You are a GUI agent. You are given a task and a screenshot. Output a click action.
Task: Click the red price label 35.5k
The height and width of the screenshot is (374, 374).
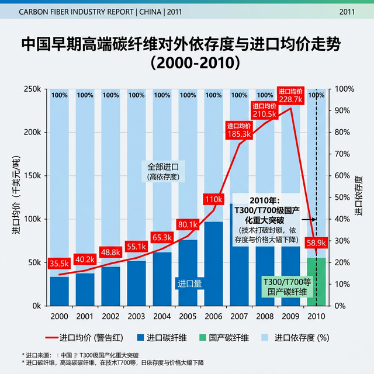tap(59, 263)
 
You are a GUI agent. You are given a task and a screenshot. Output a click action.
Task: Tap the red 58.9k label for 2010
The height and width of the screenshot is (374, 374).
tap(316, 243)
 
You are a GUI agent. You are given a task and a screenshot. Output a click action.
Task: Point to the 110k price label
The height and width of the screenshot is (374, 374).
tap(213, 200)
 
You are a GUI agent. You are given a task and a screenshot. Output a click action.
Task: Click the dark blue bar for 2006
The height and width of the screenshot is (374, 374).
tap(213, 263)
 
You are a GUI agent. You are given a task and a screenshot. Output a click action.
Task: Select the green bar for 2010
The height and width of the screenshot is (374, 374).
tap(316, 280)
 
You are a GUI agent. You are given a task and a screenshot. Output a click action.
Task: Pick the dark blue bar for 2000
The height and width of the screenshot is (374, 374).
tap(59, 290)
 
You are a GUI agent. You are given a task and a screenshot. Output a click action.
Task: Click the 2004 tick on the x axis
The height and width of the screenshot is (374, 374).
tap(162, 316)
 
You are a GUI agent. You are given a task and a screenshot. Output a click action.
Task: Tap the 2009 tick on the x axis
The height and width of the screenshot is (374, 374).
tap(290, 316)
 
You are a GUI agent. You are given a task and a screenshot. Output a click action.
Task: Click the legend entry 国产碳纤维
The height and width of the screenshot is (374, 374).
tap(223, 338)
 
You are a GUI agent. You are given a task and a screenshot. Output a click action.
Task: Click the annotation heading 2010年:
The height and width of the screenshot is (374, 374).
tap(266, 199)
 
